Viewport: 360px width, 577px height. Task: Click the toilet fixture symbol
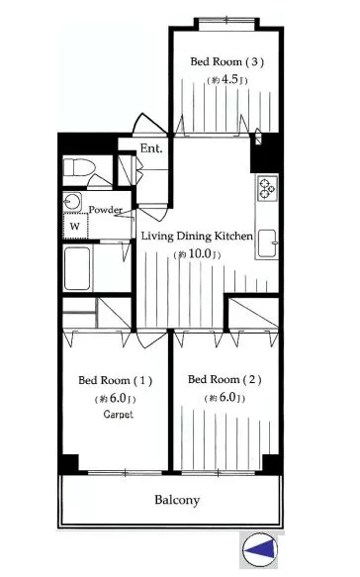point(79,167)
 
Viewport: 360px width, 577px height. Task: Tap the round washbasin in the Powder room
point(71,201)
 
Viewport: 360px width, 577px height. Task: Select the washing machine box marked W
point(75,226)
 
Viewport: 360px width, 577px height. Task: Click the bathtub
point(77,268)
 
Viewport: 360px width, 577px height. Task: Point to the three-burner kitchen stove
point(267,188)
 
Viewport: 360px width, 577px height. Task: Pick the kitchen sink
point(267,243)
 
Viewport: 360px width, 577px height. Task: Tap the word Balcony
point(177,500)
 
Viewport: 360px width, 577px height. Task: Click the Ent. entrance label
point(151,148)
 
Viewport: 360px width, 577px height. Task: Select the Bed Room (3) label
point(226,61)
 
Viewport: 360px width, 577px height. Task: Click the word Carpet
point(118,415)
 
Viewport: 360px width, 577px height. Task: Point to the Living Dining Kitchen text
point(197,236)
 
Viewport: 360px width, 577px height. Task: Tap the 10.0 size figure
point(199,254)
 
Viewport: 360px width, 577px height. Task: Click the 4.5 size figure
point(230,79)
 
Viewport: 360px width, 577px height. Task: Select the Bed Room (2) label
point(225,379)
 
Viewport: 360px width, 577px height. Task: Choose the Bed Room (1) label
point(115,380)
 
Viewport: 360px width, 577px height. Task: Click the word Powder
point(105,210)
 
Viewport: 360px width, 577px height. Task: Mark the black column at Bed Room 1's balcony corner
point(70,463)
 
